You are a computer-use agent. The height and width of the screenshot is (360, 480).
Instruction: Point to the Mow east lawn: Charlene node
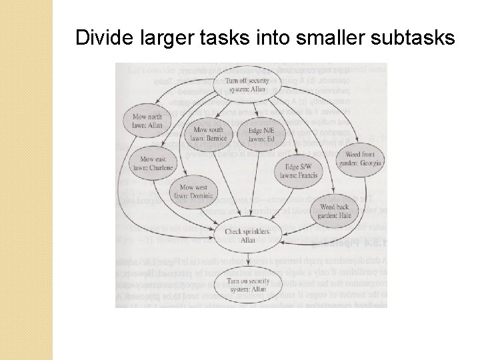(157, 163)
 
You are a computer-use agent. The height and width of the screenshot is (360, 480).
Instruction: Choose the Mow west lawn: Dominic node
(193, 191)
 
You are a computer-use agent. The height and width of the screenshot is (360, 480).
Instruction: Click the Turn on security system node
(247, 285)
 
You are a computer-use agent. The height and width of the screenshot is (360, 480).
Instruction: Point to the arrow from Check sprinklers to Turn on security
(247, 260)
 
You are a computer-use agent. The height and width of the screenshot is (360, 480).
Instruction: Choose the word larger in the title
(163, 37)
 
